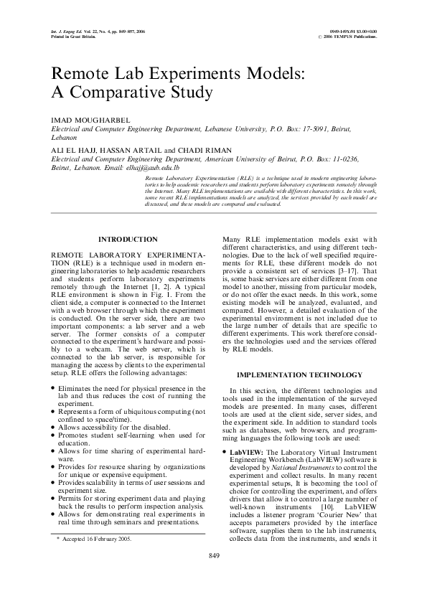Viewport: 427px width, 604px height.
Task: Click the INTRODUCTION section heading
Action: click(128, 239)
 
